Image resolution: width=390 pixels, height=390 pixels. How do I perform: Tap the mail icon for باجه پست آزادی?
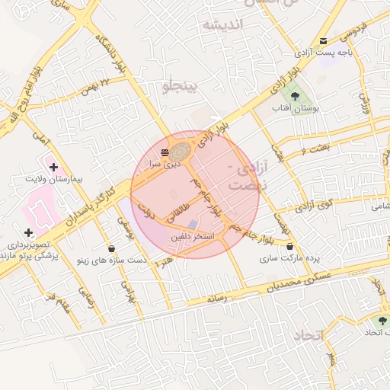(x=324, y=41)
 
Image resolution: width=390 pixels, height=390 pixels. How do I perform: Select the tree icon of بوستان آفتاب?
(x=294, y=95)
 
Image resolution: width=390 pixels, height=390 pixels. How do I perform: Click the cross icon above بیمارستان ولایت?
(x=53, y=166)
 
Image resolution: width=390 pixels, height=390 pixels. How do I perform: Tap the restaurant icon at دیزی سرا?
(x=165, y=153)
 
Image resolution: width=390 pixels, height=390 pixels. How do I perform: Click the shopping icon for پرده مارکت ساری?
(x=289, y=246)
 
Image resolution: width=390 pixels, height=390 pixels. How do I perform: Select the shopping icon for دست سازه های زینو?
(x=111, y=248)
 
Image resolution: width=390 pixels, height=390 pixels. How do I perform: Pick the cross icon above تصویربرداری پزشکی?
(x=28, y=232)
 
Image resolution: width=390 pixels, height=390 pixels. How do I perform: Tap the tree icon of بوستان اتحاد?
(x=382, y=321)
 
